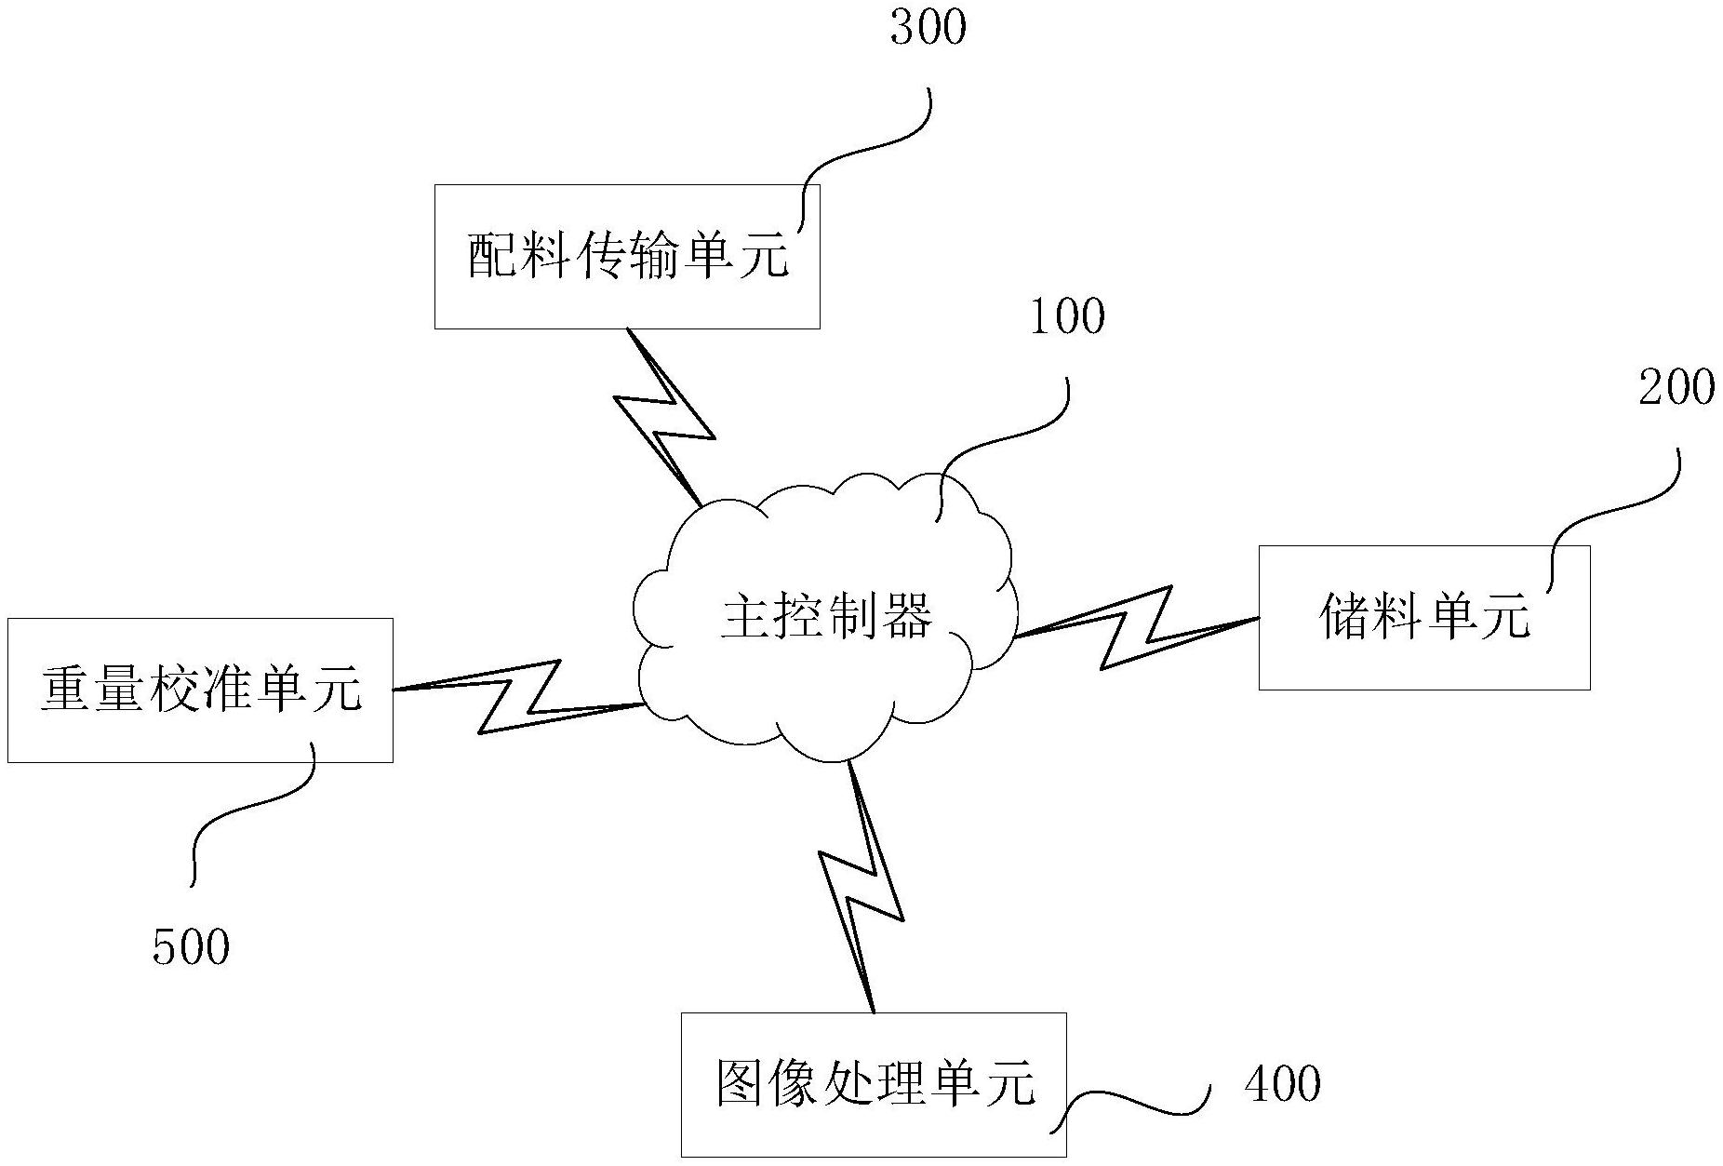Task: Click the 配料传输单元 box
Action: [x=627, y=256]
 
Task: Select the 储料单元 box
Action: [x=1423, y=617]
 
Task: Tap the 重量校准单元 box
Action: [x=200, y=690]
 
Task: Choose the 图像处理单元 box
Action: [x=873, y=1084]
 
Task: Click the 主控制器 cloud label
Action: [x=826, y=616]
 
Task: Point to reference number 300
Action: [x=928, y=28]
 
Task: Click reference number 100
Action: [x=1066, y=317]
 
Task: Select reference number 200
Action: [x=1676, y=388]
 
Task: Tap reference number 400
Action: [x=1282, y=1084]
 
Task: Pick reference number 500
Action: [x=191, y=948]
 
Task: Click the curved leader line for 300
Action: [x=865, y=149]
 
